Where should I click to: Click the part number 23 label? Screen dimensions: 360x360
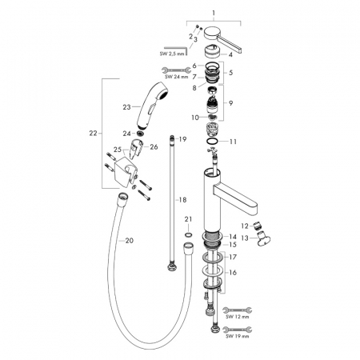pyautogui.click(x=126, y=107)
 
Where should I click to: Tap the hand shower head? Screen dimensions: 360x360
pyautogui.click(x=152, y=106)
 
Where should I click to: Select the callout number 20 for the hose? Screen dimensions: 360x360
pyautogui.click(x=130, y=241)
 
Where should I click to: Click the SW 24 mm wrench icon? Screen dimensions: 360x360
pyautogui.click(x=176, y=70)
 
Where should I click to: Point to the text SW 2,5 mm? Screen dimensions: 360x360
pyautogui.click(x=172, y=54)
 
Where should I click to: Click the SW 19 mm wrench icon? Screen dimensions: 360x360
pyautogui.click(x=237, y=329)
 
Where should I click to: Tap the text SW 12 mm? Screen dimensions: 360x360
pyautogui.click(x=237, y=317)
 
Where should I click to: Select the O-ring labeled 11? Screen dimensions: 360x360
pyautogui.click(x=213, y=142)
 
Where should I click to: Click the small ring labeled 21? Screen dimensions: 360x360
pyautogui.click(x=188, y=234)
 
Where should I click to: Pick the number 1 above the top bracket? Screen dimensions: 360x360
pyautogui.click(x=214, y=13)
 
